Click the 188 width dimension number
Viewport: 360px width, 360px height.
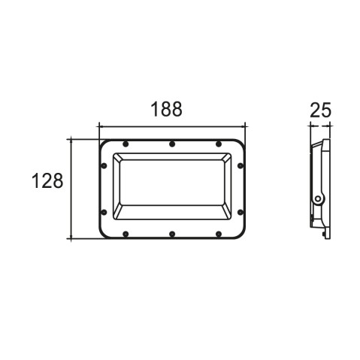(166, 109)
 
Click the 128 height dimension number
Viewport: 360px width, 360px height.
(47, 180)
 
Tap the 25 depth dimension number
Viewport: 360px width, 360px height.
(320, 110)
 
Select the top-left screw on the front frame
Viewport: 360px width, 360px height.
(126, 144)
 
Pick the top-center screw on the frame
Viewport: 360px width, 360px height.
(172, 144)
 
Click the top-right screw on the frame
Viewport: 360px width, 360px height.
(219, 144)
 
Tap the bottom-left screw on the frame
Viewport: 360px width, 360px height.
(126, 234)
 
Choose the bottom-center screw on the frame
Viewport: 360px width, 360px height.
(172, 234)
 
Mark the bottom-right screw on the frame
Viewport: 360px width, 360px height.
(219, 234)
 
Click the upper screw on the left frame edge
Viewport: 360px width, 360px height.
(104, 165)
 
